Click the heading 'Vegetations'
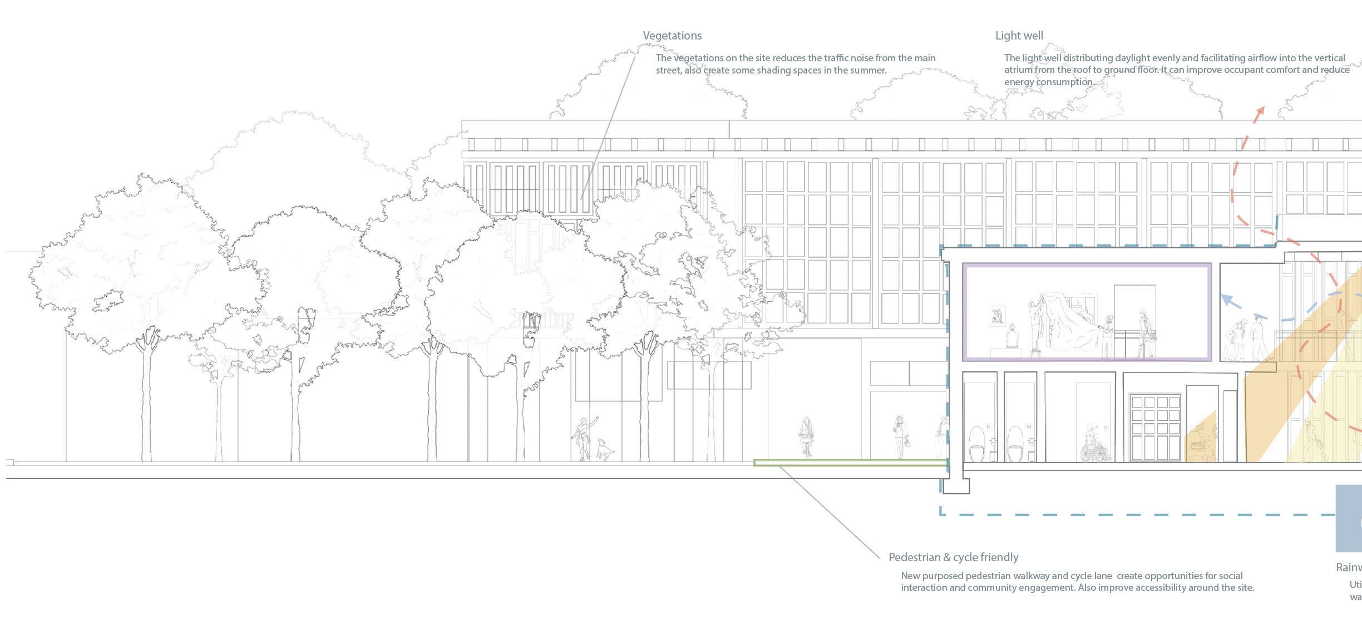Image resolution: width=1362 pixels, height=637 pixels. pos(672,36)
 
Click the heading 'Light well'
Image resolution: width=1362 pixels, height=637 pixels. pos(1019,36)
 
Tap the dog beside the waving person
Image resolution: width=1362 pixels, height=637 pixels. pos(604,449)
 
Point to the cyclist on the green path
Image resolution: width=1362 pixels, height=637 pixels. pos(806,437)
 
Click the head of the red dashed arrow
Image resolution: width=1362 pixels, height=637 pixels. pos(1259,110)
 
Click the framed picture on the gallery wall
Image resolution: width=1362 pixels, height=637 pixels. pos(998,316)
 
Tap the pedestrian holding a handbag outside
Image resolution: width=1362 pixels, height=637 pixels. pos(900,437)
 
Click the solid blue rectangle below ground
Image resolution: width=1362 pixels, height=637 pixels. pos(1349,518)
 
